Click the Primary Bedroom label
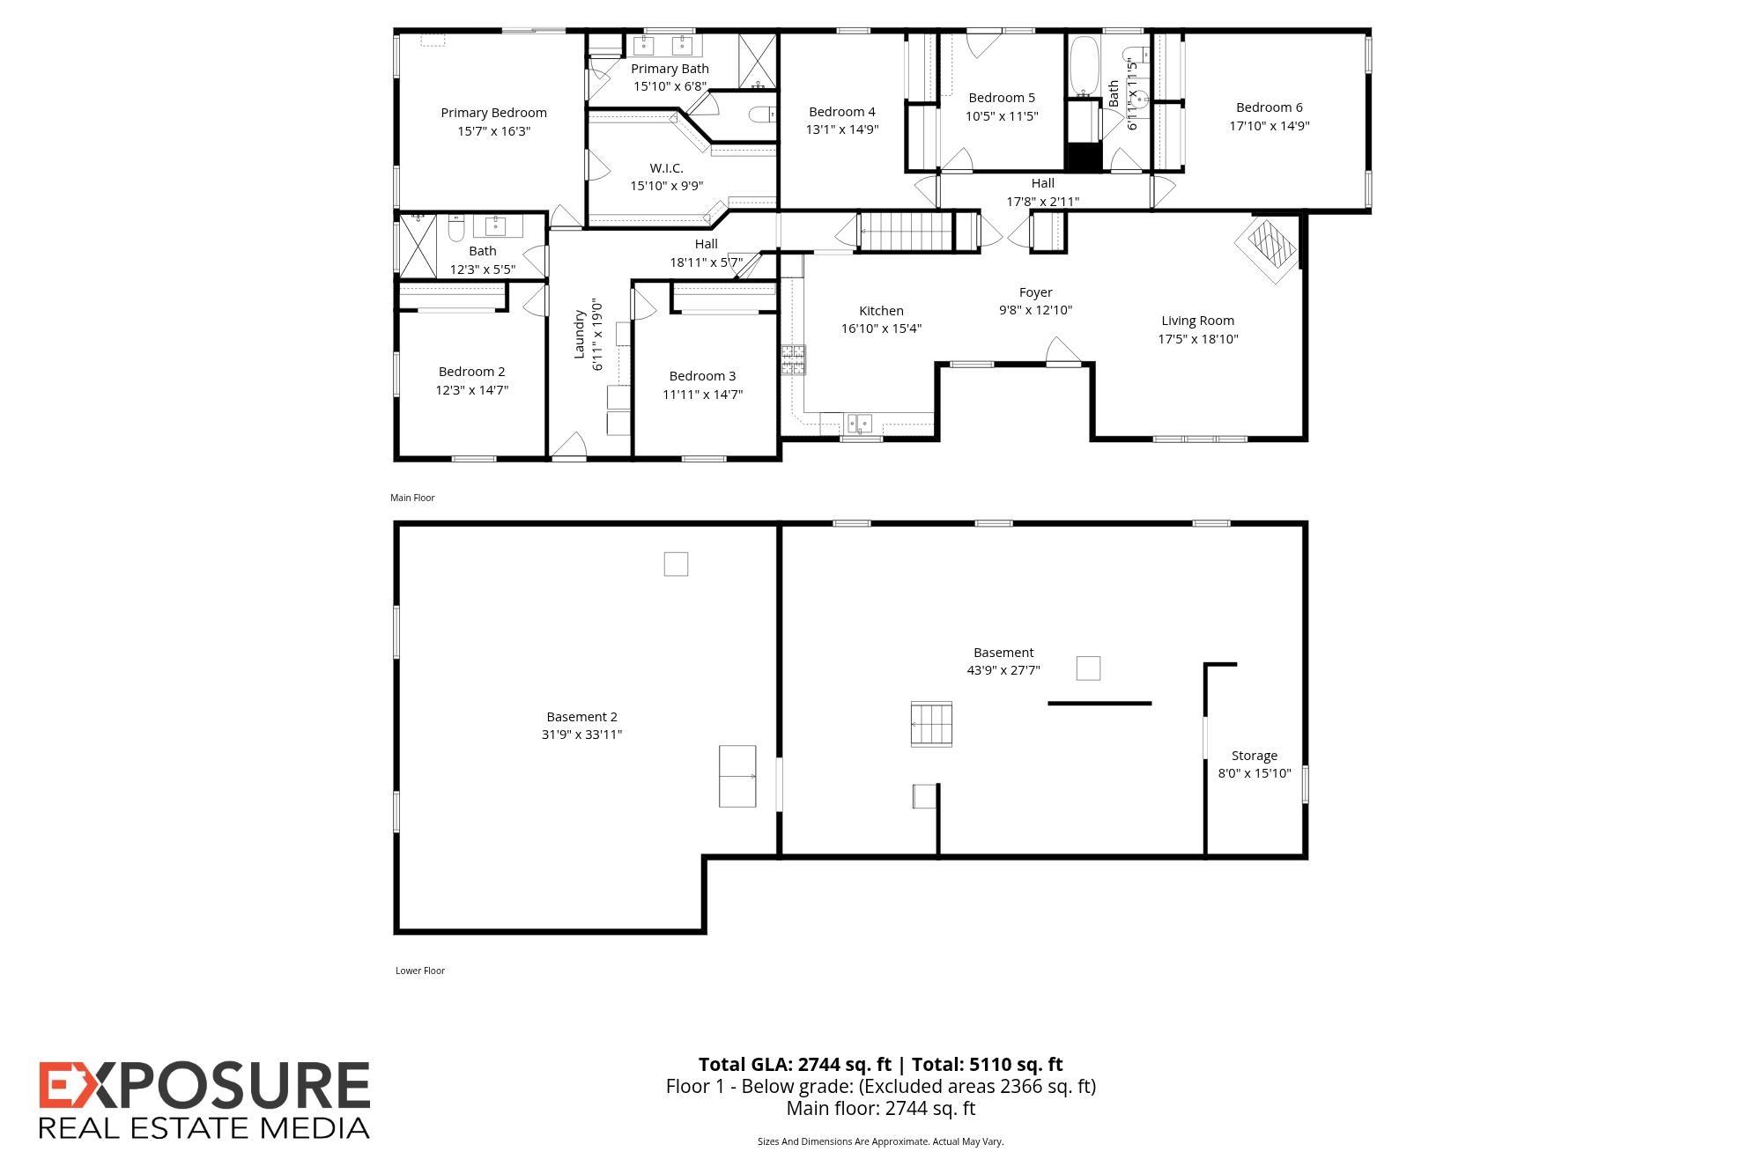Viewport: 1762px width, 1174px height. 493,113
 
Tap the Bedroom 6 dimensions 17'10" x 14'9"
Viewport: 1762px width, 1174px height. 1269,126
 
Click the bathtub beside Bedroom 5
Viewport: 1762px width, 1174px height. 1082,66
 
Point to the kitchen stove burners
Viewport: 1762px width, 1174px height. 793,359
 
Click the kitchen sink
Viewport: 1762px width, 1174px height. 860,424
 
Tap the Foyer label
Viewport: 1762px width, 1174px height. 1035,292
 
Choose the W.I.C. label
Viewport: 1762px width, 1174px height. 666,167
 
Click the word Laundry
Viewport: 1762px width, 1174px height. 580,334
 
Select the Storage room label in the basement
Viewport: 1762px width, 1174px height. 1254,756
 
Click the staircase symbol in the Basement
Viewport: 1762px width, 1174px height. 931,724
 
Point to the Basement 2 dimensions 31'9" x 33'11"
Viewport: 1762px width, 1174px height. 581,735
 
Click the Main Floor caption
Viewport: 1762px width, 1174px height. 412,498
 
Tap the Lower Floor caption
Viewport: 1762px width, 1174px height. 419,971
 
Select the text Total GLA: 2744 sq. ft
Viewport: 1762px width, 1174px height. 796,1065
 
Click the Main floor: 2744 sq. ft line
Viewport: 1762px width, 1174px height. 880,1109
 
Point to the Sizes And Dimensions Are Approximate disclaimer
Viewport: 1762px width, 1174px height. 880,1141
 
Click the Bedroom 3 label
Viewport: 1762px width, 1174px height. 702,376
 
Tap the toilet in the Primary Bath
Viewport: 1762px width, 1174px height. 760,114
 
